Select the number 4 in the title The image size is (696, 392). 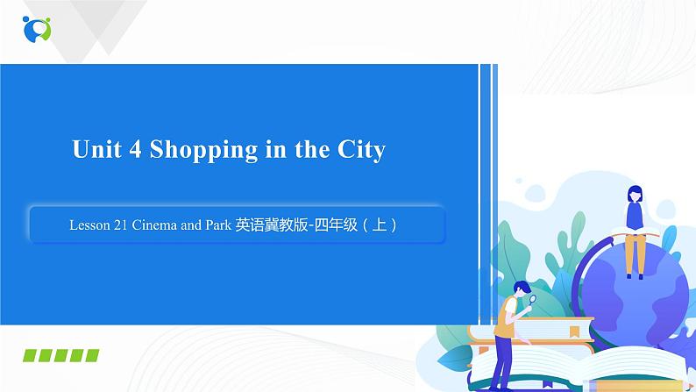(x=135, y=150)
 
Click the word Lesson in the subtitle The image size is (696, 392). (x=88, y=225)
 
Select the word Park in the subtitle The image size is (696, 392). (x=219, y=225)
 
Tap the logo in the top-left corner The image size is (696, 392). (x=38, y=28)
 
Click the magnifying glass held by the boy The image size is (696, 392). (x=532, y=299)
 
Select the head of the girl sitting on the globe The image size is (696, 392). (x=634, y=194)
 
